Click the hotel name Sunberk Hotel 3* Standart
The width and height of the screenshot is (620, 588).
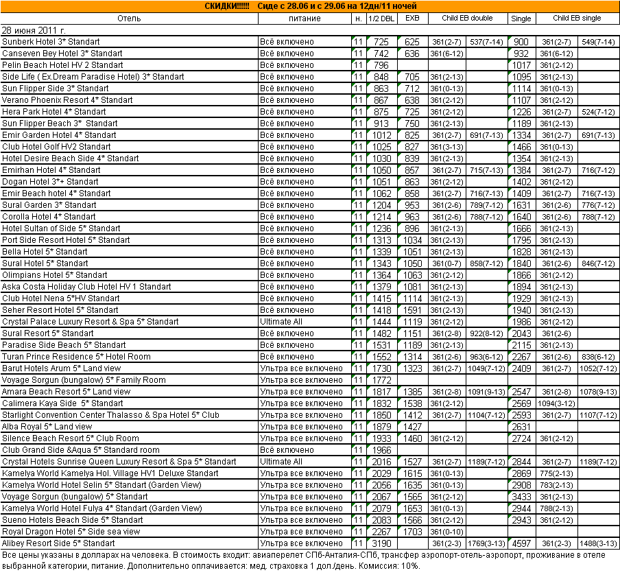(52, 43)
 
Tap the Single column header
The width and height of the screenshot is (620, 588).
(521, 19)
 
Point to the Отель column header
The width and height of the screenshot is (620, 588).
(129, 19)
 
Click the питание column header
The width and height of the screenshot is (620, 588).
(304, 19)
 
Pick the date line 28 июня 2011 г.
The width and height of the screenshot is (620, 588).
(34, 31)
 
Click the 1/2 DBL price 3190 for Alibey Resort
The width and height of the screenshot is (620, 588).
(381, 543)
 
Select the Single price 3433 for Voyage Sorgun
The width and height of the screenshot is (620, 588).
(521, 497)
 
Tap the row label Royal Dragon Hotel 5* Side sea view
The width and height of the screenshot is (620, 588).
(71, 532)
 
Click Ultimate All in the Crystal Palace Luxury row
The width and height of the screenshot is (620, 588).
(281, 322)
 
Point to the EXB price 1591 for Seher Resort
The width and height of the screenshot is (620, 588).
(412, 310)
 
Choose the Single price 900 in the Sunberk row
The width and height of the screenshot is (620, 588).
(521, 43)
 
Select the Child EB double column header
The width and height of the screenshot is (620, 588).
(468, 19)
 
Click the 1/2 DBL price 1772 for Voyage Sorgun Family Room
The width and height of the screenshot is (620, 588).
(381, 380)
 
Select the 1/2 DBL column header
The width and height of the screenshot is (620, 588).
(381, 19)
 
